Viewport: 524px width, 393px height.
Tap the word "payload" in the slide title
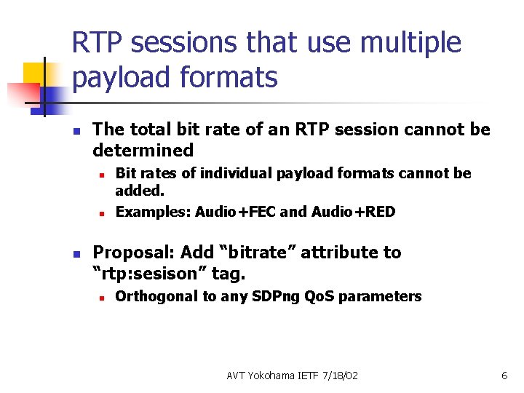coord(117,77)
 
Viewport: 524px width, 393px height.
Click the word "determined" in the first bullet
coord(143,151)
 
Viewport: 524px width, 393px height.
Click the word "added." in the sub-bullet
coord(140,191)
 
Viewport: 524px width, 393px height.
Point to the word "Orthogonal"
coord(156,296)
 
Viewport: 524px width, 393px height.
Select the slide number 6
coord(504,376)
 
